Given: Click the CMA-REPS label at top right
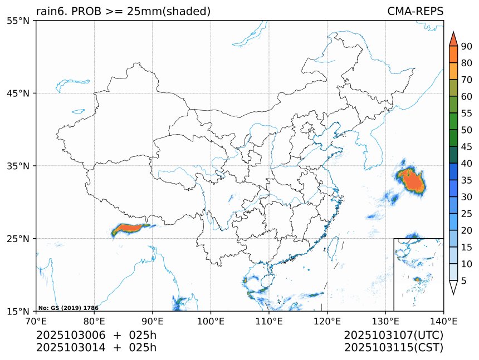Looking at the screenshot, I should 415,12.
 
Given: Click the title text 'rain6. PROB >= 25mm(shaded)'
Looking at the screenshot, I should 123,12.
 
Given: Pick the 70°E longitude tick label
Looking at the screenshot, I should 36,320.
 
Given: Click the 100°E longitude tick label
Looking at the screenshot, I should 211,320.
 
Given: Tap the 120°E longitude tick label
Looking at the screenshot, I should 327,320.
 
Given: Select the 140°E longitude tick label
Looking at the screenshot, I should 443,320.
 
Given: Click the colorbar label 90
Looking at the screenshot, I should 467,46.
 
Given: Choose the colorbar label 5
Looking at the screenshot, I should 464,281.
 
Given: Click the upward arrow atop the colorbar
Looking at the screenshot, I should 453,38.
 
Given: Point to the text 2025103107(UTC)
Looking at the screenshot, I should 393,336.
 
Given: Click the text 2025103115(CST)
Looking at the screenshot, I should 393,348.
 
